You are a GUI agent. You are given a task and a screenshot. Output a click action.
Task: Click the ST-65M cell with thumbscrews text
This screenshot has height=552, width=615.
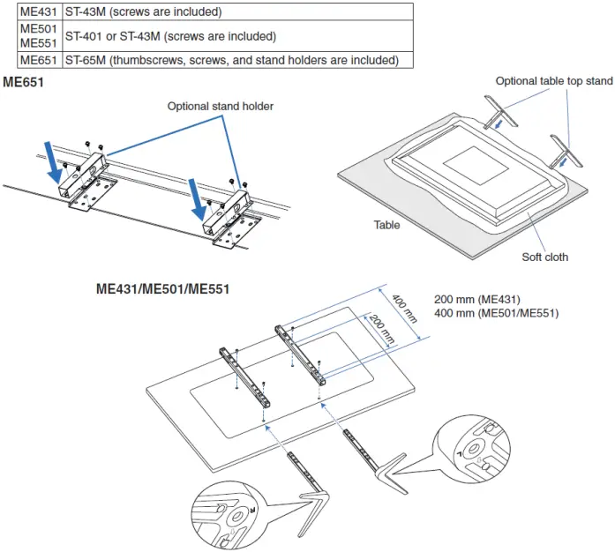tap(231, 60)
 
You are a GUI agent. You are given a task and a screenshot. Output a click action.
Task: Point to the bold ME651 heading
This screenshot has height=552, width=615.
tap(26, 82)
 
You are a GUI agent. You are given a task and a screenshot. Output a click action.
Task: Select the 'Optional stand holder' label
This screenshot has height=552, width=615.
tap(221, 106)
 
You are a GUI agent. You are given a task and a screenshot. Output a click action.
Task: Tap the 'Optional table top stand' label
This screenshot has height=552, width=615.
tap(553, 81)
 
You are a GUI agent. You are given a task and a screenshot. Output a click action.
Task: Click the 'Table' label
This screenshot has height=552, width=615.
tap(386, 225)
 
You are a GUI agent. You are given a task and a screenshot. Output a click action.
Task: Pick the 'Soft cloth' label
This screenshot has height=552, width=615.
tap(544, 257)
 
